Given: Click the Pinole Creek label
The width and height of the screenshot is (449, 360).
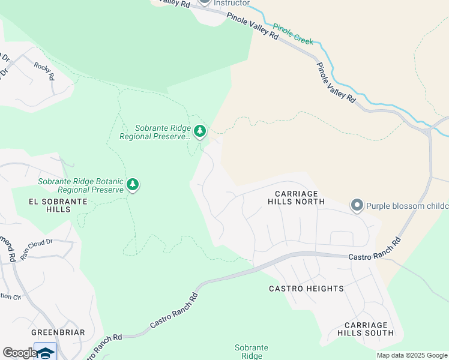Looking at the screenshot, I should pos(293,34).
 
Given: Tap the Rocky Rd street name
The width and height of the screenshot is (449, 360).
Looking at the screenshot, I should pos(44,71).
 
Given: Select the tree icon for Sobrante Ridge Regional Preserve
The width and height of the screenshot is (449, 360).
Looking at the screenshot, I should pos(200,130).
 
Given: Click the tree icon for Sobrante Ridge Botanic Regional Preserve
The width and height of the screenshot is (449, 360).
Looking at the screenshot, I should pos(133,185).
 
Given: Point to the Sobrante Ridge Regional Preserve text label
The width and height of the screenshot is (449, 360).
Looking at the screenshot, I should pos(155,132).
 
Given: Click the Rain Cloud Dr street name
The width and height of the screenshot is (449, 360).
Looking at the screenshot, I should pos(37,250).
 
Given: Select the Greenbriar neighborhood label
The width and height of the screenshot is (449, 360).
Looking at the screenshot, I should pos(58,332).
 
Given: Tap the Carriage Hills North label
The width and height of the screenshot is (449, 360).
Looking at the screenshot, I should pos(300,197).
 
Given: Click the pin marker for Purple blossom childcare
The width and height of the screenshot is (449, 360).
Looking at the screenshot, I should pos(357,206).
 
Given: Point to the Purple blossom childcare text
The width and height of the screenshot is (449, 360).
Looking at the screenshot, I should pos(407,206).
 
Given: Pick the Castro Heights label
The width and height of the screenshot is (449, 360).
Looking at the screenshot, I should pos(306,289).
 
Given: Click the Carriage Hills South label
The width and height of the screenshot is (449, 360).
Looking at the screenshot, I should pos(366,328).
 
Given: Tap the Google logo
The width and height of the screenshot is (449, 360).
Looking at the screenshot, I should pos(20,353).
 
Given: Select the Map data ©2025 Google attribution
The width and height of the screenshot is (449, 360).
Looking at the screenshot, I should pos(411,355).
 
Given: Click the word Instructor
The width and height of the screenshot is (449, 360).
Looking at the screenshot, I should pos(232,3).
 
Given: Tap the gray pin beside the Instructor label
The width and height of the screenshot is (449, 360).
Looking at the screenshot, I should pos(205,2).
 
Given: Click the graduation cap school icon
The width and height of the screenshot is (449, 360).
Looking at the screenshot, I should pos(45,352).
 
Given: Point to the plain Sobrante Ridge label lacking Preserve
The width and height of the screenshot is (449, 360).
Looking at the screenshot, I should pos(251,352).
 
